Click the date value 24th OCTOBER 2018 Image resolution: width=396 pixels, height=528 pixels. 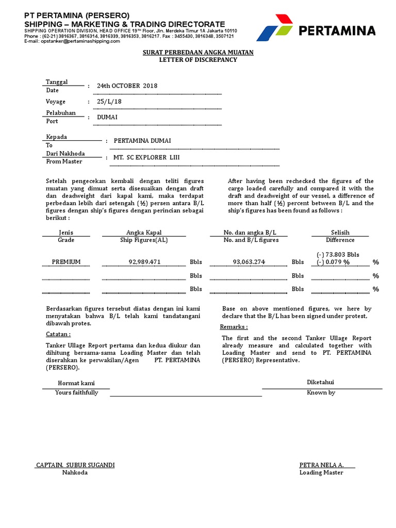[x=127, y=86]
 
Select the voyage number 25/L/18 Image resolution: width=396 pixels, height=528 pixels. [x=109, y=102]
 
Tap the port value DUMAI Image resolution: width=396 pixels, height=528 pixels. [x=107, y=117]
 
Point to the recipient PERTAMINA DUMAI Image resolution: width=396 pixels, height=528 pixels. [x=142, y=141]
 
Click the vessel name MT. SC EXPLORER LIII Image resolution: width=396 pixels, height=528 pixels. [x=147, y=157]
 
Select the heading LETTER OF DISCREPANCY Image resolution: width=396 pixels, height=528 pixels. [x=198, y=60]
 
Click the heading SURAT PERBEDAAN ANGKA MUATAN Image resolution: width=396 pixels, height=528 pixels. [x=198, y=53]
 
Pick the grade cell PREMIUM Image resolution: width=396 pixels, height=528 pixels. [x=66, y=262]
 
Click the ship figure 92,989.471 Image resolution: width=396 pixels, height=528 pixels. [x=144, y=262]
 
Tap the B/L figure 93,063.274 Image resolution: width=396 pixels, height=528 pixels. [x=249, y=262]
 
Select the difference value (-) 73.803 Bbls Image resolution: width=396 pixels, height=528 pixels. [x=338, y=255]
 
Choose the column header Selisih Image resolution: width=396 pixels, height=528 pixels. [x=340, y=233]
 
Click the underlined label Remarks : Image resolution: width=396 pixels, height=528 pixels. [x=234, y=327]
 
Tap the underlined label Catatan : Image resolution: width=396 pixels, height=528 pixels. [x=58, y=334]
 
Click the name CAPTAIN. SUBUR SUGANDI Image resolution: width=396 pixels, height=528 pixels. [x=75, y=465]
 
